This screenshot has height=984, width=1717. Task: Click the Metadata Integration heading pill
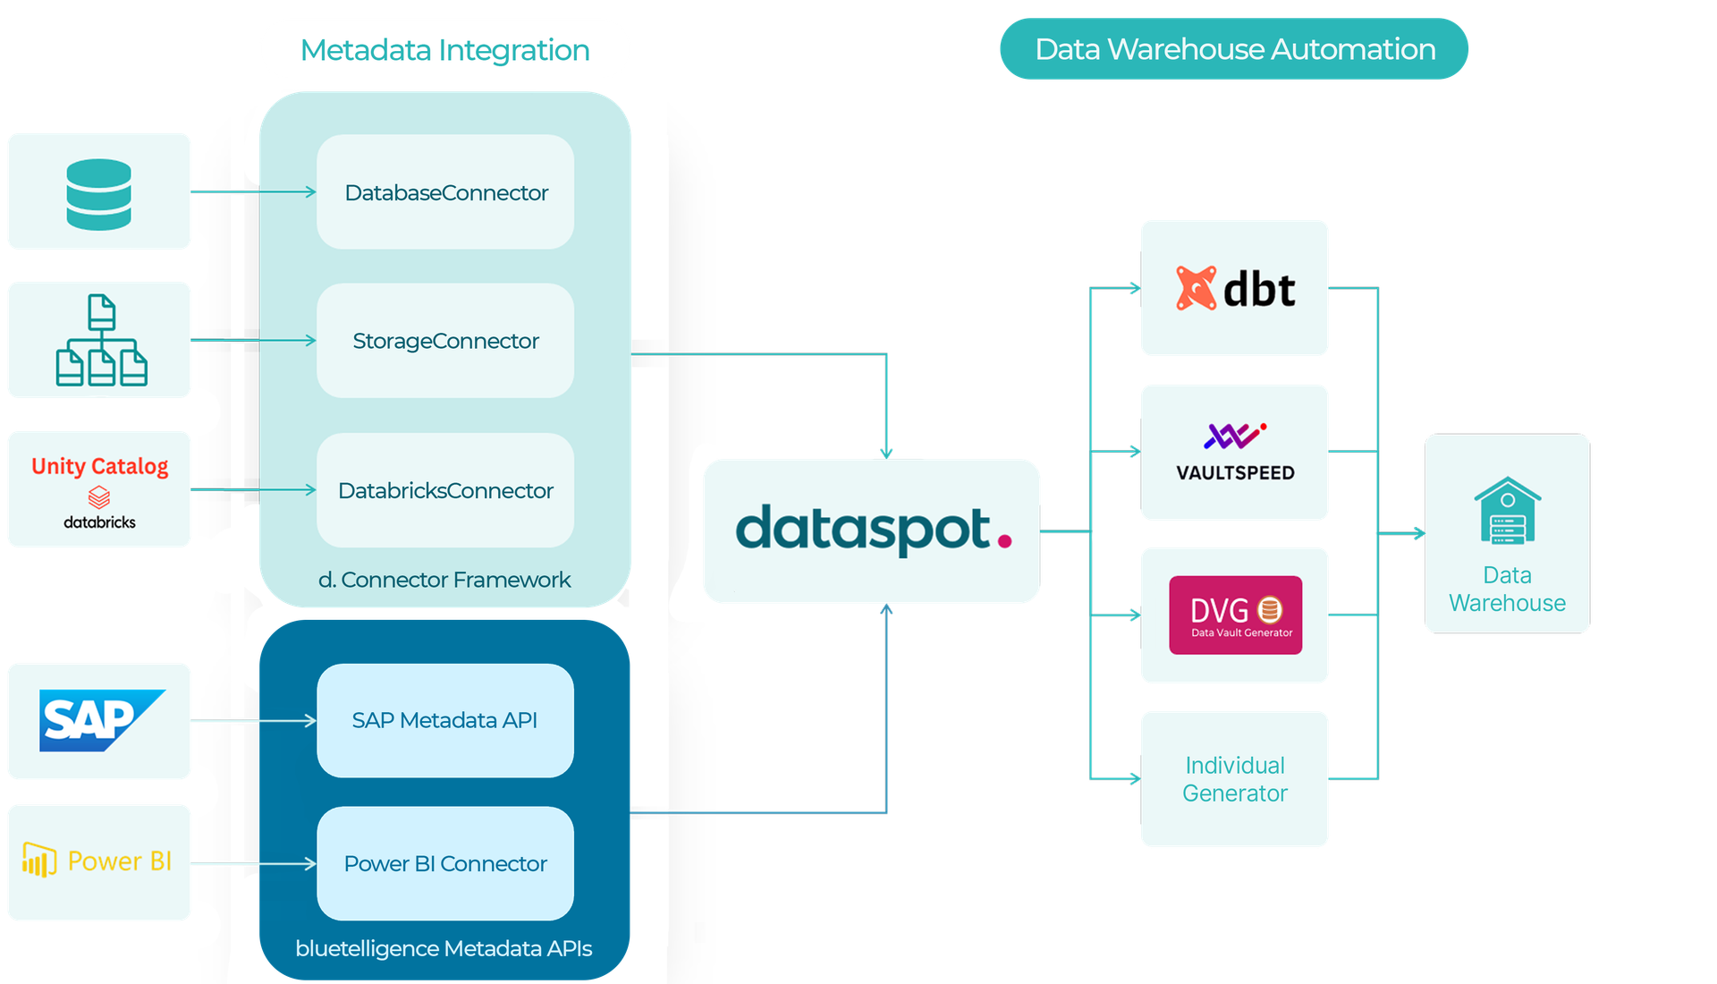click(444, 49)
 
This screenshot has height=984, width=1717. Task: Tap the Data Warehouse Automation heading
click(1234, 49)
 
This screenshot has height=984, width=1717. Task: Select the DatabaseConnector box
click(445, 192)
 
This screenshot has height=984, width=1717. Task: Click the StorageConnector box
click(445, 341)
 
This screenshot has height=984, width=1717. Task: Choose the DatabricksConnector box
click(445, 490)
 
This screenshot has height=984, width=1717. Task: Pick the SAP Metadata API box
click(445, 720)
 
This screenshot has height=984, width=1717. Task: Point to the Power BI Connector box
click(445, 863)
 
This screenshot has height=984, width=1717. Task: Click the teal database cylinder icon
click(98, 194)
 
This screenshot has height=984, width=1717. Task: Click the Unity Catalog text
click(99, 466)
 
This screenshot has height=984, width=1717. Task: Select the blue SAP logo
click(100, 720)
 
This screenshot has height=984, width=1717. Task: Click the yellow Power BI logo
click(97, 861)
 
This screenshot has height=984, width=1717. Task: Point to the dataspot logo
click(872, 530)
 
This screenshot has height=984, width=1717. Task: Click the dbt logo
click(1235, 288)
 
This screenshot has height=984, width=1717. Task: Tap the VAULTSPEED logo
click(1235, 453)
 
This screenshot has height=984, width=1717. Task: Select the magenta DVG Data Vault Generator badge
click(1235, 615)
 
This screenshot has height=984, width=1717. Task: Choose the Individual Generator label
click(1235, 779)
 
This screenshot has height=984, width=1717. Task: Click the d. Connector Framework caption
click(444, 580)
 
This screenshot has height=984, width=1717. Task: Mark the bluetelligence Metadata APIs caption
click(444, 948)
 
